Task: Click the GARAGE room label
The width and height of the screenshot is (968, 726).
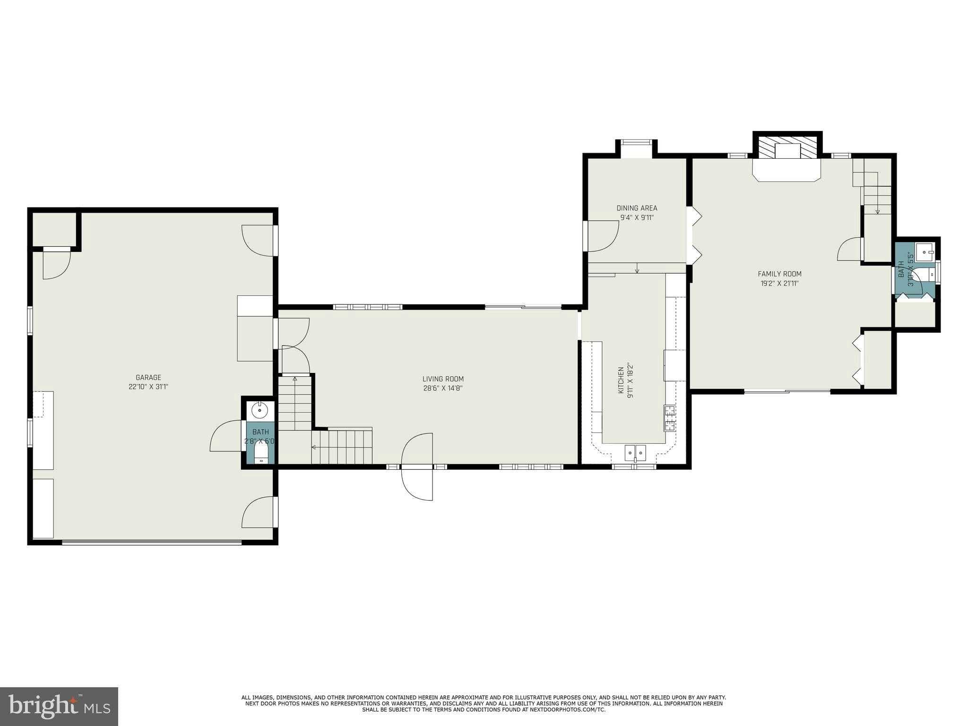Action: click(x=148, y=377)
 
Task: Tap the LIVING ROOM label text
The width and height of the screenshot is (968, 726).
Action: click(x=443, y=379)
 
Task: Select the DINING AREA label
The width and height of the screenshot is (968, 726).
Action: click(x=637, y=208)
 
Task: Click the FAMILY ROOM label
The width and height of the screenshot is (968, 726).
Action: click(x=779, y=274)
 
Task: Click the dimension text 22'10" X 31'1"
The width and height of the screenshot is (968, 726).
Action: click(x=148, y=387)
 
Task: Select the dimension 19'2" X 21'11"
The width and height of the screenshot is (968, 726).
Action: click(x=779, y=284)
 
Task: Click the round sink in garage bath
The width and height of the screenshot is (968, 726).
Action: click(x=259, y=411)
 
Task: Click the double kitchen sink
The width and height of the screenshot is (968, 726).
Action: click(x=635, y=452)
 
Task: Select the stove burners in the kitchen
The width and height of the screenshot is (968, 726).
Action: click(x=669, y=418)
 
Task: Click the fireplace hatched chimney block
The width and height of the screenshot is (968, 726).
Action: click(x=787, y=147)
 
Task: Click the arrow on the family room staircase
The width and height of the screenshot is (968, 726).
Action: click(x=877, y=211)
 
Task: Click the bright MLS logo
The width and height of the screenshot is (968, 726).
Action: click(x=59, y=707)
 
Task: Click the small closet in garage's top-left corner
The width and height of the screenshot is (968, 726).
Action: click(x=54, y=230)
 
